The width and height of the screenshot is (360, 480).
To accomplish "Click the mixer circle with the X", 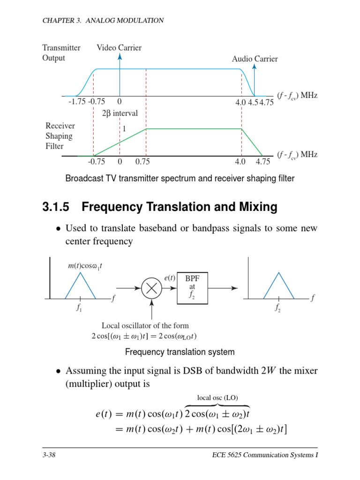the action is pos(151,289).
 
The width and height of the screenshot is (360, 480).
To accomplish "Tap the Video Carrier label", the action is pos(119,48).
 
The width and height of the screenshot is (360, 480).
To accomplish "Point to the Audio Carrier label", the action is pos(255,59).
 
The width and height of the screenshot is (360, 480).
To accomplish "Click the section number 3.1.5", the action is pos(58,207).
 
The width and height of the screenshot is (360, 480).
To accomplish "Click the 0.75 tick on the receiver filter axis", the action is pos(142,162).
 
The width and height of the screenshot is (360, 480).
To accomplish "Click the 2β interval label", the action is pos(120,113).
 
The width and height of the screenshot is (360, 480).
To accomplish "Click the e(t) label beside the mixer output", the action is pos(170,278).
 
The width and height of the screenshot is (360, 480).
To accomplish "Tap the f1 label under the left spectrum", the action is pos(81,309).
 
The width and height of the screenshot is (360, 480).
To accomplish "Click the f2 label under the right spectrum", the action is pos(279,309).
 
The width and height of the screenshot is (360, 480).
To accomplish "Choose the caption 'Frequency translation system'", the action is pos(180,352).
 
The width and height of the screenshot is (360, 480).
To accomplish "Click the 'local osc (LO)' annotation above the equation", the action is pos(217,398).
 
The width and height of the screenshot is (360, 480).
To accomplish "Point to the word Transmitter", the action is pos(61,48).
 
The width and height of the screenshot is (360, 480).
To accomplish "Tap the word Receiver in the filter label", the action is pos(60,126).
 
